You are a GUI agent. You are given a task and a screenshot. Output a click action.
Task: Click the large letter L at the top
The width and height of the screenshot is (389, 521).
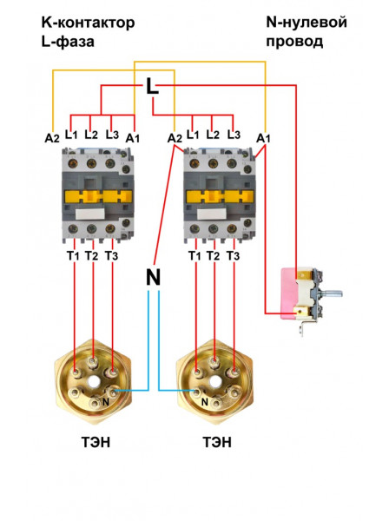click(153, 86)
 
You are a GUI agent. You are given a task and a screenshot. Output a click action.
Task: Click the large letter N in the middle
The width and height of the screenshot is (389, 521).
click(154, 278)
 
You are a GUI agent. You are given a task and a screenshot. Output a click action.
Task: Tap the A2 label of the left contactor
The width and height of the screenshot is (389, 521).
click(52, 138)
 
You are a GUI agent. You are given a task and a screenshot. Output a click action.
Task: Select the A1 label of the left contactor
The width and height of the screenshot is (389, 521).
click(132, 138)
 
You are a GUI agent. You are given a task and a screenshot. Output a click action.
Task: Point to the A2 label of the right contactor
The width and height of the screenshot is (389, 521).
click(175, 138)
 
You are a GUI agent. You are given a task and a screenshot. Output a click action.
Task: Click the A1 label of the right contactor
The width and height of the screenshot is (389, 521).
click(264, 138)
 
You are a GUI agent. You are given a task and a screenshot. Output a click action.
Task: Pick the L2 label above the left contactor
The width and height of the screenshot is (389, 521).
click(91, 135)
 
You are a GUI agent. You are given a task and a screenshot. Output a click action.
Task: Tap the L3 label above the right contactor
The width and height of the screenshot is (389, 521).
click(233, 135)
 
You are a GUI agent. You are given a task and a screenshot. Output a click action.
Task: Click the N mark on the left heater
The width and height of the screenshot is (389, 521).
click(106, 400)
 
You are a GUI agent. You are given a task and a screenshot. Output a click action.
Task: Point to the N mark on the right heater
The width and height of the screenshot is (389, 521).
click(204, 401)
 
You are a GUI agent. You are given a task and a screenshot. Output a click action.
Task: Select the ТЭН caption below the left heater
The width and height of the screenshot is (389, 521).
click(95, 443)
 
